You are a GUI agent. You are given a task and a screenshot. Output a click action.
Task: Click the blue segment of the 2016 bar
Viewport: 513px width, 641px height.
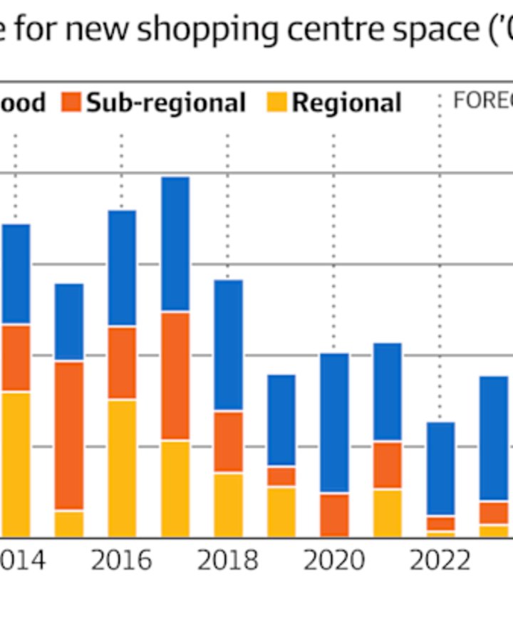coord(122,268)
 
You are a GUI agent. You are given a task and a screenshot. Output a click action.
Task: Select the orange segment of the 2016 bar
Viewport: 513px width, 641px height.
coord(122,363)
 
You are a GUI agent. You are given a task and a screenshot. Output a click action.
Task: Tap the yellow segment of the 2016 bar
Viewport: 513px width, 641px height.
coord(122,468)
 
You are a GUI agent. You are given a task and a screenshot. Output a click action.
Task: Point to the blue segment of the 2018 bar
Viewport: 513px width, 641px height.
coord(228,345)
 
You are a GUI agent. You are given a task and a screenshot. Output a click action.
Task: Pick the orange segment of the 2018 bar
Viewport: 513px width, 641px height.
coord(228,442)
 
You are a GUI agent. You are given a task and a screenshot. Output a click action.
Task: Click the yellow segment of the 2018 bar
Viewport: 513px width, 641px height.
coord(228,504)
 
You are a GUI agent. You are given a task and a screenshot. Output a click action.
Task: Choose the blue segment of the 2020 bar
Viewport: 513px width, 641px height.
coord(334,422)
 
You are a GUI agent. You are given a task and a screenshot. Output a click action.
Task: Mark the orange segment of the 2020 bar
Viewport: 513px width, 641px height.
coord(334,514)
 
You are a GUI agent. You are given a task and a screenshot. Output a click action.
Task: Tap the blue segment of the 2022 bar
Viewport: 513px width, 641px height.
coord(440,469)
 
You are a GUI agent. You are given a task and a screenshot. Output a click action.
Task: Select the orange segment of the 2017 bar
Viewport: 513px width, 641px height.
coord(175,375)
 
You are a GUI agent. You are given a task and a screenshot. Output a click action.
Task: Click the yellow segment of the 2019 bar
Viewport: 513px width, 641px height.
coord(281,511)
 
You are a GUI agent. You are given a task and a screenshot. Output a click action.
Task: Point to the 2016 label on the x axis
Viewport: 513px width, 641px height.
coord(122,561)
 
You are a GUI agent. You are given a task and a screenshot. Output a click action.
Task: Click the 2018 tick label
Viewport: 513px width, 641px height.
coord(228,561)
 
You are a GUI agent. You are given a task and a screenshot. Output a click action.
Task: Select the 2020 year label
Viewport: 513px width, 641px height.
coord(334,561)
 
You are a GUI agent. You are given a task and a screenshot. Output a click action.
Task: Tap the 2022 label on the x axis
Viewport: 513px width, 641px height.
coord(440,561)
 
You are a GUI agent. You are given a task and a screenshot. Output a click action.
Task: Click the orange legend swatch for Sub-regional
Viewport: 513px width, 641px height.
coord(71,103)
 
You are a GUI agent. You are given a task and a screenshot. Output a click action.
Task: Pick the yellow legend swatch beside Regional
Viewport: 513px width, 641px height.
coord(276,103)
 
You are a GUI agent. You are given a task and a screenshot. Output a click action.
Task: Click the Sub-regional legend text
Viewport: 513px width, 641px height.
coord(166,103)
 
